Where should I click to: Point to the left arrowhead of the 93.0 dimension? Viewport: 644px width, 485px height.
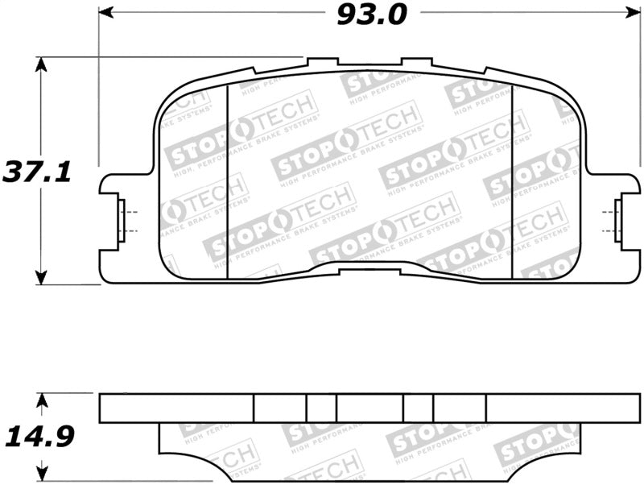[x=104, y=14]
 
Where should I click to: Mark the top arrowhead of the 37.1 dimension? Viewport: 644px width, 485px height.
[x=40, y=62]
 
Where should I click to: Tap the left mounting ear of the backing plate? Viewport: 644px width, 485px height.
[x=113, y=218]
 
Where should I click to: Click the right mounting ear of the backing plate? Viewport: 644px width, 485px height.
[x=612, y=218]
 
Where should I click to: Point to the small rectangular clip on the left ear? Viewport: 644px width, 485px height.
[x=122, y=218]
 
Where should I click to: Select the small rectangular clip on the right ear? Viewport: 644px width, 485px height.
[x=618, y=218]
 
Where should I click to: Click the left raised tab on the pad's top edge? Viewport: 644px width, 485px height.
[x=322, y=61]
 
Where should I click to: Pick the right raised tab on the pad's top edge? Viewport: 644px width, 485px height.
[x=416, y=61]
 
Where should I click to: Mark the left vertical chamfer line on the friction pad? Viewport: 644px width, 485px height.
[x=229, y=181]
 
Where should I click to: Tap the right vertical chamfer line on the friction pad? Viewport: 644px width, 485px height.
[x=513, y=181]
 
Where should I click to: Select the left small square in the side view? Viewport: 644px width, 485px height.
[x=320, y=408]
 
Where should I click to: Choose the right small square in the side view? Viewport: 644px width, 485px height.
[x=418, y=408]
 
